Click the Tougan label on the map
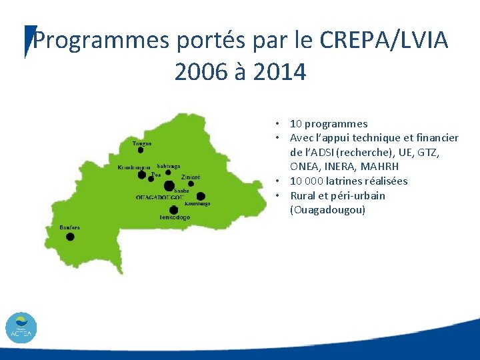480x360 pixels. point(142,143)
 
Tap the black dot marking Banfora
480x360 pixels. point(70,237)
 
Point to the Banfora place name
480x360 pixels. point(69,227)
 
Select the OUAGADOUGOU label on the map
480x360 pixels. point(159,197)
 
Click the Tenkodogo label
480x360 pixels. point(175,218)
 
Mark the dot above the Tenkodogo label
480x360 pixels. point(174,209)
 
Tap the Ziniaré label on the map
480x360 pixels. point(190,177)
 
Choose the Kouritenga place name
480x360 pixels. point(197,203)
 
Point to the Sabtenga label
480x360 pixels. point(168,166)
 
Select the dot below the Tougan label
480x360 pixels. point(141,151)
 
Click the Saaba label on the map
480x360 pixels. point(181,191)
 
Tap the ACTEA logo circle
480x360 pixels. point(21,328)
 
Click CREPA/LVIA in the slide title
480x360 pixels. point(384,41)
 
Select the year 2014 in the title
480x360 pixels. point(280,71)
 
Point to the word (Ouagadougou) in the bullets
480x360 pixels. point(327,210)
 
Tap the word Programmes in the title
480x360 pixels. point(102,41)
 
